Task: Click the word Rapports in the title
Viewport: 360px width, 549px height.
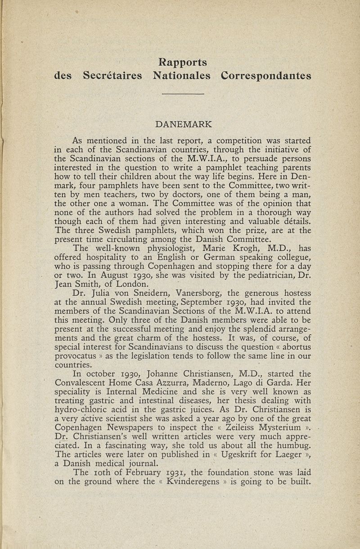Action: pyautogui.click(x=182, y=61)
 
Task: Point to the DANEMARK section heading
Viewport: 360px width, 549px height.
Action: pyautogui.click(x=183, y=123)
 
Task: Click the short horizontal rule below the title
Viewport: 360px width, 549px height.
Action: pyautogui.click(x=183, y=94)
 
